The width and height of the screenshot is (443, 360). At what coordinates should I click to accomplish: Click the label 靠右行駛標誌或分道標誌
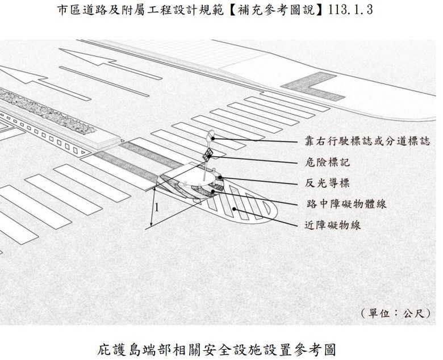coord(367,141)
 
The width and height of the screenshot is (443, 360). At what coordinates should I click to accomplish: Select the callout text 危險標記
coord(327,162)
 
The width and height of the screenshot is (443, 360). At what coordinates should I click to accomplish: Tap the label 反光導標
coord(327,183)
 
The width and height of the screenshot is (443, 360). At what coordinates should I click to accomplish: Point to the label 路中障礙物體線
coord(346,204)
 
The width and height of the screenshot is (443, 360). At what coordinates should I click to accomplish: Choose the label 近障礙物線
coord(333,225)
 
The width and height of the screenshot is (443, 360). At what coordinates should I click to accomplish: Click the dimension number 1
coord(157,208)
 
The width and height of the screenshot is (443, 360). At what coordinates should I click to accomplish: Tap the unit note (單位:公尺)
coord(395,313)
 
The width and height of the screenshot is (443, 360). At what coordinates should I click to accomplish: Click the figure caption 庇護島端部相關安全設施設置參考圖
coord(216,350)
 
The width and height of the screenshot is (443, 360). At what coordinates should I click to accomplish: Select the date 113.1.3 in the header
coord(350,10)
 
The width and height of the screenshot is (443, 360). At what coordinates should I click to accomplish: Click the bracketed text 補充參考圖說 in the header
coord(276,10)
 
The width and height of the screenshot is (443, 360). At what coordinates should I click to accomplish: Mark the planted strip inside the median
coord(47,111)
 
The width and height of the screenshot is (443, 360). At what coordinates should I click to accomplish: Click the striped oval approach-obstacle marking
coord(243,205)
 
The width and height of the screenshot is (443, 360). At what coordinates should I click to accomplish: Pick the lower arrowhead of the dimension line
coord(152,224)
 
